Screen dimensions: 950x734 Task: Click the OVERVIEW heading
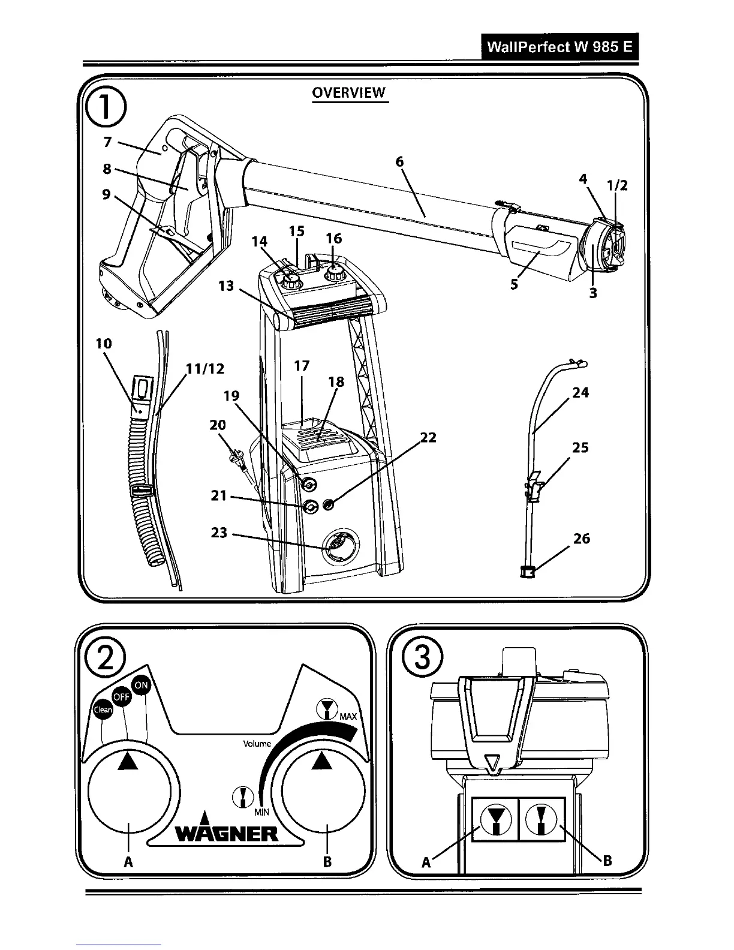(350, 92)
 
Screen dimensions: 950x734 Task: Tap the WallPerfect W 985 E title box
(559, 47)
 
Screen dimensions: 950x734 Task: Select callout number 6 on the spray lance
(400, 162)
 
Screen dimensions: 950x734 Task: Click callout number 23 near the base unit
(219, 532)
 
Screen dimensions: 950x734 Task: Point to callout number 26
(581, 539)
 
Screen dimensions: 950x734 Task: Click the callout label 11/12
(205, 368)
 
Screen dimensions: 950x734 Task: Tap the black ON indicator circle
(141, 686)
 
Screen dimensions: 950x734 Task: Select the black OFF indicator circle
(122, 697)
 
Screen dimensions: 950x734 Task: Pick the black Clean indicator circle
(103, 710)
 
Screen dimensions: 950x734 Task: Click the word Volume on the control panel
(257, 744)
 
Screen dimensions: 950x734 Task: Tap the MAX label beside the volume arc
(348, 717)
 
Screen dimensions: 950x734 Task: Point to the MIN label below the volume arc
(261, 811)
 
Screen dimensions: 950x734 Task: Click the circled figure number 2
(105, 658)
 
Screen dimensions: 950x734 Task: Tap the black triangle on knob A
(128, 761)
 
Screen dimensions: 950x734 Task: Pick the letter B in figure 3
(606, 861)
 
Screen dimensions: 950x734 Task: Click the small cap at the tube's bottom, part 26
(527, 572)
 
